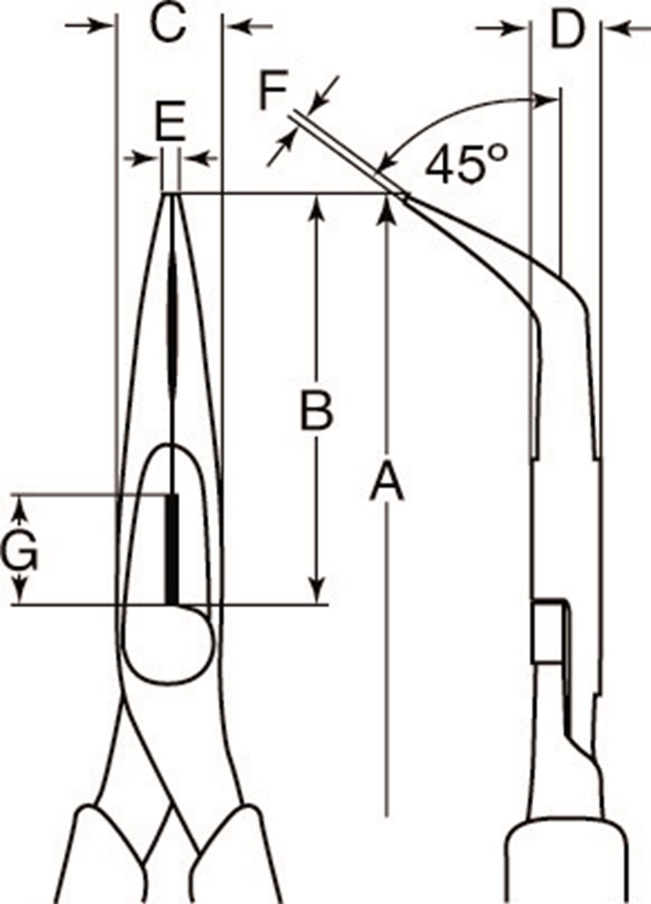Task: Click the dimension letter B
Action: pos(316,410)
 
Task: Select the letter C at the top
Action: pos(168,24)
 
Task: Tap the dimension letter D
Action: pos(568,29)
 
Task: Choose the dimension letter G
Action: pos(19,550)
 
